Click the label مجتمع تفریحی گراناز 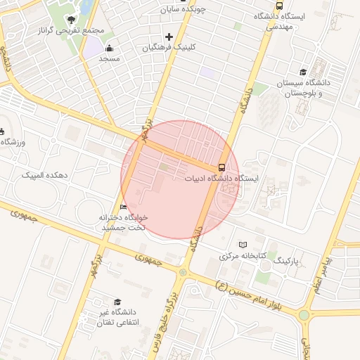72,32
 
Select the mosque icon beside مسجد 110,49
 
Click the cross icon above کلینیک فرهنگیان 169,37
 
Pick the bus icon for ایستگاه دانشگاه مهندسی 280,6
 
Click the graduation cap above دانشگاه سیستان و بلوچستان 303,72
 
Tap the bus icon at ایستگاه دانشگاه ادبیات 222,167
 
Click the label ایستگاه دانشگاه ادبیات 221,179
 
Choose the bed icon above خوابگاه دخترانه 124,207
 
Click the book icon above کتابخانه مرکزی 243,245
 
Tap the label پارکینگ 285,261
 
